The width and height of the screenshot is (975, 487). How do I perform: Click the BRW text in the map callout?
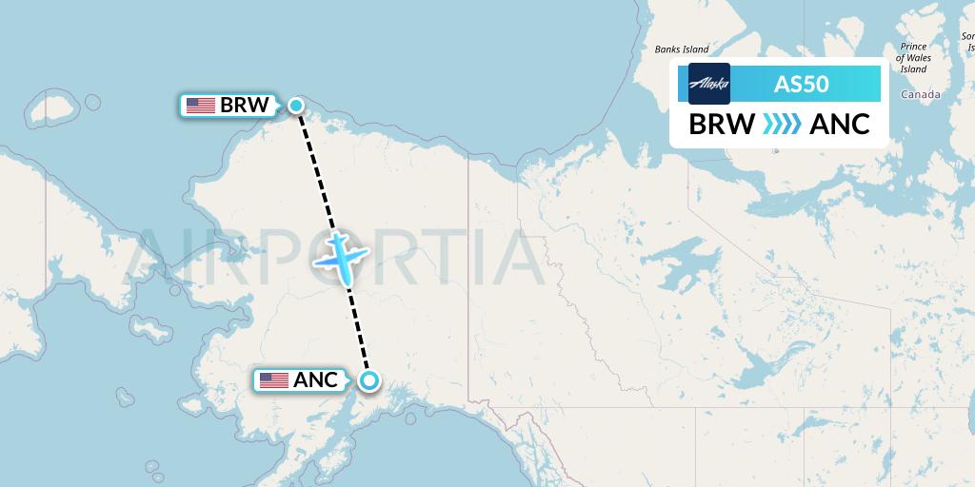[x=245, y=106]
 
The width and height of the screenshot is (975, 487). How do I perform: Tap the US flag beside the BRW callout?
[x=201, y=106]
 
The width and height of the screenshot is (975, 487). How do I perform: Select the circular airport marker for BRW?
[x=296, y=106]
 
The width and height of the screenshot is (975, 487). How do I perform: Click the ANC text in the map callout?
[x=315, y=380]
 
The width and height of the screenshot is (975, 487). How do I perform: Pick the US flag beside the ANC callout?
[x=273, y=380]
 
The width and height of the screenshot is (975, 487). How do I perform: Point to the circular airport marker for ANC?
[x=368, y=381]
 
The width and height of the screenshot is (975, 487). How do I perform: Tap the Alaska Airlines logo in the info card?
[x=709, y=84]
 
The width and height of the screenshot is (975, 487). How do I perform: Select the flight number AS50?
[x=801, y=84]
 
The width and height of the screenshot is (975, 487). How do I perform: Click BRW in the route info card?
[x=722, y=125]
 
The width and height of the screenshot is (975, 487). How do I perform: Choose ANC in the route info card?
[x=839, y=125]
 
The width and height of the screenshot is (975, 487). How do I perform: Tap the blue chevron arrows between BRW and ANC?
[x=781, y=125]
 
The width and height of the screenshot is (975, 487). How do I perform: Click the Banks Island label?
[x=681, y=49]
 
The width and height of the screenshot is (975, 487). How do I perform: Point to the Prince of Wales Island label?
[x=913, y=57]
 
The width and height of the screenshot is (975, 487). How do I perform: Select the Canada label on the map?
[x=920, y=94]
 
